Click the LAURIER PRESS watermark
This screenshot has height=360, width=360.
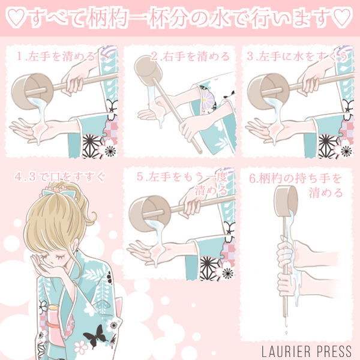[x=307, y=351]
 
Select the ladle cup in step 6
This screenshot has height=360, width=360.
[x=286, y=201]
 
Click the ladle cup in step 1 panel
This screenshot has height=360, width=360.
[x=32, y=91]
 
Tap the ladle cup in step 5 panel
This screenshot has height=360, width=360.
[x=150, y=214]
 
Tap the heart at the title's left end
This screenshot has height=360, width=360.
[x=16, y=17]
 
